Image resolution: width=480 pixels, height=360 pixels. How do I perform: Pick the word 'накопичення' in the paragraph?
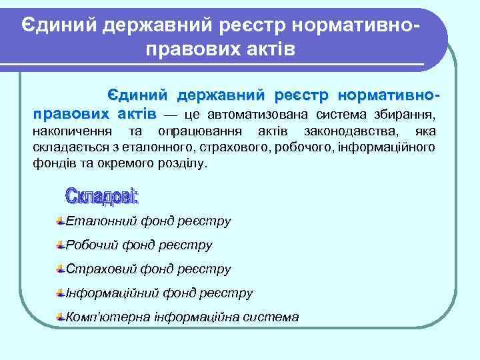pyautogui.click(x=69, y=131)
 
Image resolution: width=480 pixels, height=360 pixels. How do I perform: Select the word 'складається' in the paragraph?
pyautogui.click(x=67, y=147)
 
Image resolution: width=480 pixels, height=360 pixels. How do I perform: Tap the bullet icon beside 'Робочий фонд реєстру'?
pyautogui.click(x=61, y=245)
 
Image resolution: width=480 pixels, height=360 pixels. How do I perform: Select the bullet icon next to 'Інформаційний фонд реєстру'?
pyautogui.click(x=61, y=293)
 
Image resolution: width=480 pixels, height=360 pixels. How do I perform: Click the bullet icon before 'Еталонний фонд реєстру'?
pyautogui.click(x=61, y=221)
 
